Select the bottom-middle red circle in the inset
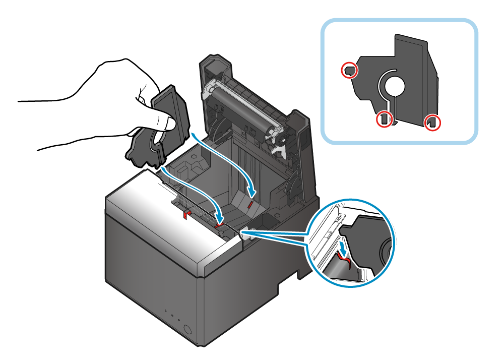[x=385, y=119]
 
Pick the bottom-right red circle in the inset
[x=432, y=122]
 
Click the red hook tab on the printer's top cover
[x=186, y=214]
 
